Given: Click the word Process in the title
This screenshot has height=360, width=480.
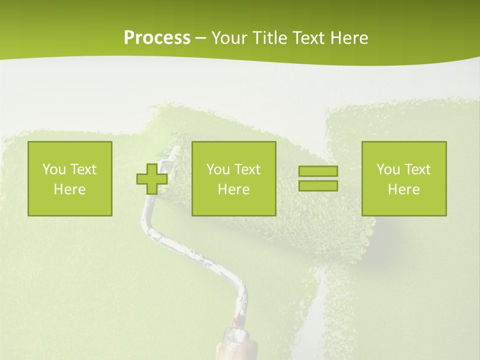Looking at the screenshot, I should point(157,38).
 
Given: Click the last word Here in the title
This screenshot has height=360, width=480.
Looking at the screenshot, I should point(349,38).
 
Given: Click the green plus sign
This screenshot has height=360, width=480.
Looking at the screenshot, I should point(152,179).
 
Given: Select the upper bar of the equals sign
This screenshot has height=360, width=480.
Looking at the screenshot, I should point(318,171).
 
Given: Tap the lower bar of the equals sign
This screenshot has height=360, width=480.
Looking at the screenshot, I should point(318,185).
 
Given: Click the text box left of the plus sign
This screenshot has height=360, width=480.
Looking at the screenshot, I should point(70,178).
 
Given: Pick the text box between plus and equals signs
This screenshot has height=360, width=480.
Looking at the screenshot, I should point(234,178).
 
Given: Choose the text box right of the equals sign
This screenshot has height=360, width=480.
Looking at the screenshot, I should point(404,178).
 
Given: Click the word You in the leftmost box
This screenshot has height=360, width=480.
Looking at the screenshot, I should point(54,169).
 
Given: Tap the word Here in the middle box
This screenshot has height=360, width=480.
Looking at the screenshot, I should point(234,189).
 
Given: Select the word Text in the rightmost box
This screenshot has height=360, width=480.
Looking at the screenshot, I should point(417,169).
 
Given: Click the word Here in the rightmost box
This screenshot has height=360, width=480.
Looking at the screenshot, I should point(404,189).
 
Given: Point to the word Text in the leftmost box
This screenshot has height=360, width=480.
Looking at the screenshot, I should point(83,169).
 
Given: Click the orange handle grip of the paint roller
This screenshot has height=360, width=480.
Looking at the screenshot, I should point(244,345).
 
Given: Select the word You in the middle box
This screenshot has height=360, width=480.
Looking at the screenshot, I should point(218,169).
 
